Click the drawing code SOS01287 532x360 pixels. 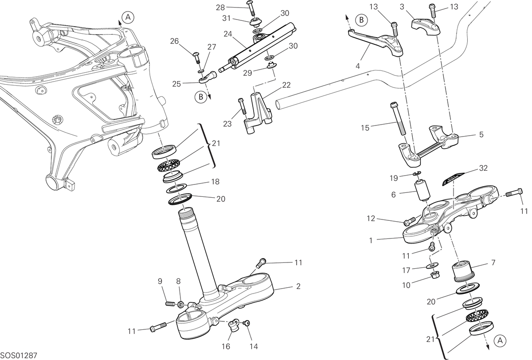coord(19,356)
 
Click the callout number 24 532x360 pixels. coord(228,34)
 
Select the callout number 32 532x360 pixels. coord(483,168)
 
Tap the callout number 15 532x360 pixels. coord(365,128)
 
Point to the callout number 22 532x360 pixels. coord(286,85)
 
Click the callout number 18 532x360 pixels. coord(215,182)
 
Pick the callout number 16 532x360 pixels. coord(226,346)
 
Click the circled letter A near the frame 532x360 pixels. coord(128,17)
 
